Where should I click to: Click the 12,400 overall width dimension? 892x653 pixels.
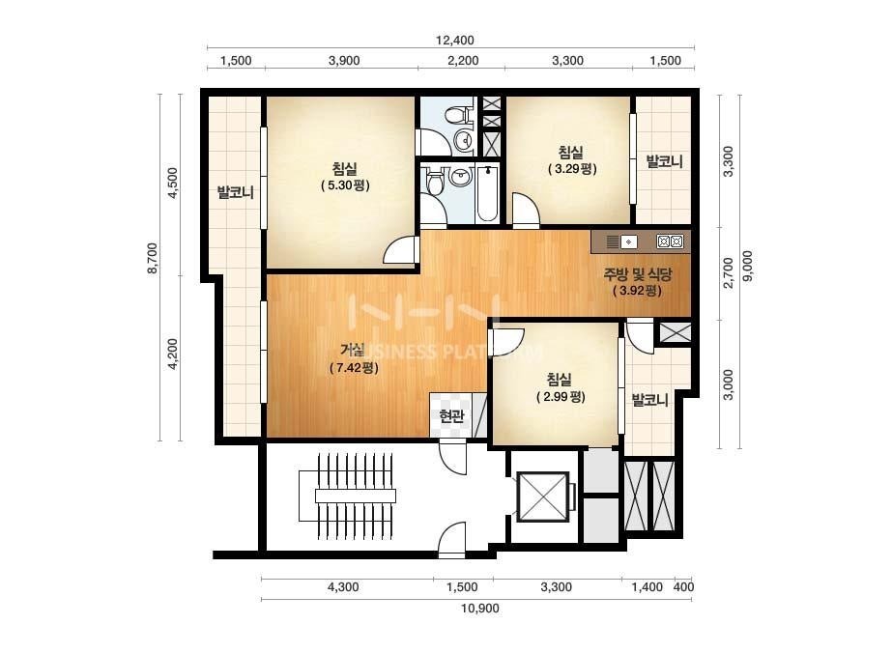[x=454, y=40]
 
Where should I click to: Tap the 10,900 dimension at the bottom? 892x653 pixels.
[x=480, y=608]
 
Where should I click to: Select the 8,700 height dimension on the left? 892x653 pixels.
[x=153, y=259]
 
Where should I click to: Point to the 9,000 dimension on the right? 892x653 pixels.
[x=747, y=266]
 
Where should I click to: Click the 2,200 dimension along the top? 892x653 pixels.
[x=463, y=60]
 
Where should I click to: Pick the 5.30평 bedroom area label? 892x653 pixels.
[x=345, y=185]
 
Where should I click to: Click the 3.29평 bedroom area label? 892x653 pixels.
[x=572, y=168]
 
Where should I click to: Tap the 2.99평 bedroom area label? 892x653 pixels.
[x=561, y=396]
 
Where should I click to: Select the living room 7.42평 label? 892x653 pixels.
[x=354, y=367]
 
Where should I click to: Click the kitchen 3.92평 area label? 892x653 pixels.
[x=637, y=290]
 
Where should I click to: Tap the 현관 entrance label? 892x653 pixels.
[x=451, y=415]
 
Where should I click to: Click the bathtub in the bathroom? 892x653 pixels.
[x=487, y=193]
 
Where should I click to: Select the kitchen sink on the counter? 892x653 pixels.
[x=628, y=241]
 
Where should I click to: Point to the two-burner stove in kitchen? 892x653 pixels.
[x=670, y=241]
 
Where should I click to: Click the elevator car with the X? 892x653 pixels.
[x=543, y=497]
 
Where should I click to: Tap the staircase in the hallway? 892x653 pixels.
[x=346, y=496]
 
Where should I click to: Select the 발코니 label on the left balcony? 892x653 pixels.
[x=235, y=193]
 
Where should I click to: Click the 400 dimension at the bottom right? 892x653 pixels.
[x=683, y=586]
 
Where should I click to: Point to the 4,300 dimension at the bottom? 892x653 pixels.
[x=343, y=586]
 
